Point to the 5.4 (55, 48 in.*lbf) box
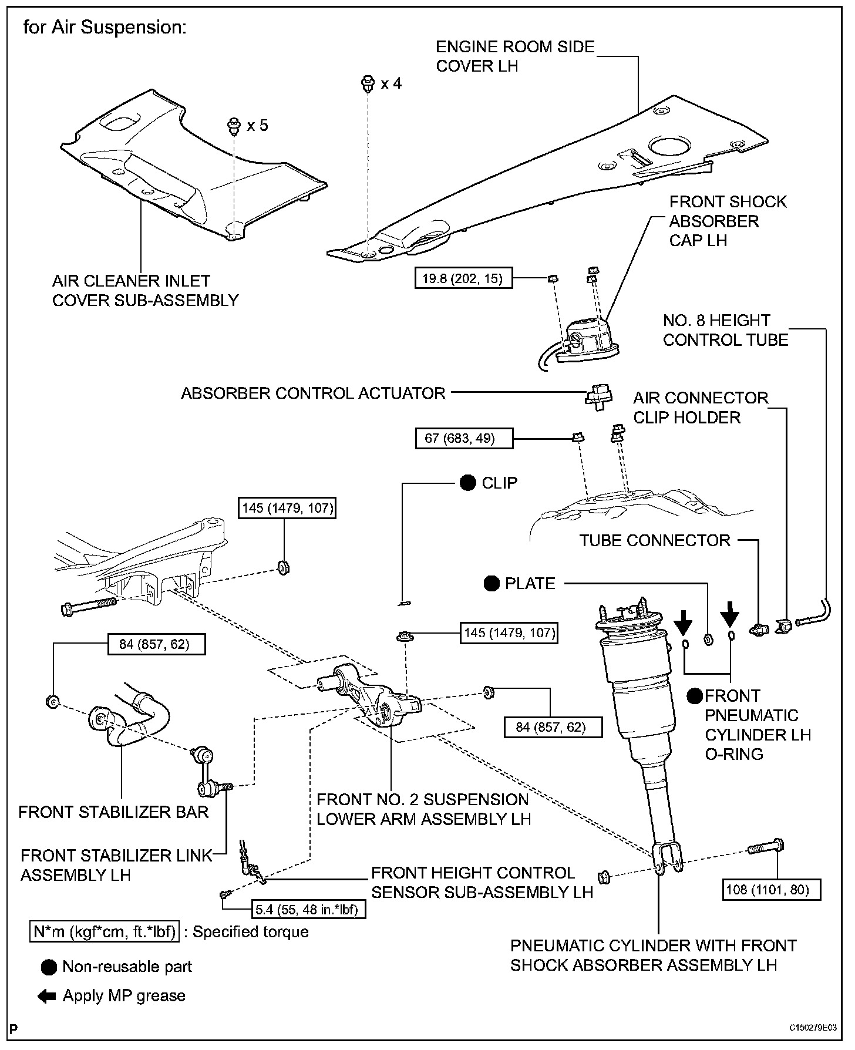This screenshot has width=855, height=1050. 309,910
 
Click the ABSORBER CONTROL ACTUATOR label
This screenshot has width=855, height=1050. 313,393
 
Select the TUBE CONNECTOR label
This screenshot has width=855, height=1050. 655,540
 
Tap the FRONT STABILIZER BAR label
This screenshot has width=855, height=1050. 113,812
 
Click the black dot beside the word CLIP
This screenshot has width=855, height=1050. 468,483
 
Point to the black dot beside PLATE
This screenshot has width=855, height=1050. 492,583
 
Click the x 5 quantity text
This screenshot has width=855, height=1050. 257,126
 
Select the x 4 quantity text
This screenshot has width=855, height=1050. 391,83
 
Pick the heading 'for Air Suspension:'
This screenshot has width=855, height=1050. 105,27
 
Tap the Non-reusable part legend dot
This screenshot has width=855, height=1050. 49,967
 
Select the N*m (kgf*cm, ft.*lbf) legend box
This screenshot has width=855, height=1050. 105,932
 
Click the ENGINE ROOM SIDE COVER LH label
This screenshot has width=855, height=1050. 515,56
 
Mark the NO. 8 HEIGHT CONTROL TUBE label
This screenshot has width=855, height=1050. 726,330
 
